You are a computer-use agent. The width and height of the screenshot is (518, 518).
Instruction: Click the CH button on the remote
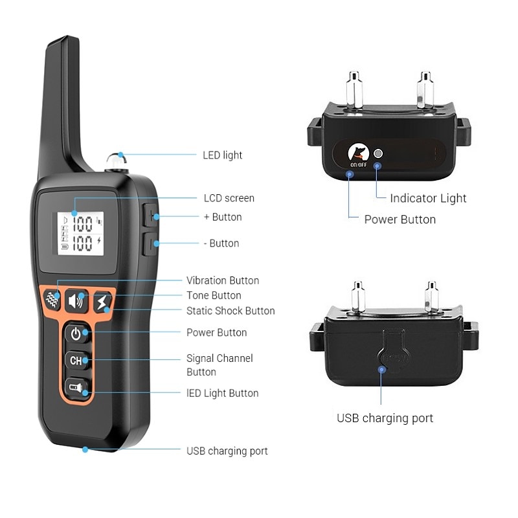pyautogui.click(x=76, y=361)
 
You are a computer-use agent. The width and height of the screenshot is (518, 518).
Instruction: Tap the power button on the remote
pyautogui.click(x=76, y=334)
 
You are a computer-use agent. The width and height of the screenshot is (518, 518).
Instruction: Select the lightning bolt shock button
pyautogui.click(x=102, y=302)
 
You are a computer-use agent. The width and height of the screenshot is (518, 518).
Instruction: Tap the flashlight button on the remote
pyautogui.click(x=76, y=388)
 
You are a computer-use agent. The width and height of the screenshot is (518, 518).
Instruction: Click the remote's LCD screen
pyautogui.click(x=81, y=234)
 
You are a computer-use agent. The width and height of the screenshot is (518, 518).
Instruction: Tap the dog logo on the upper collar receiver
pyautogui.click(x=358, y=153)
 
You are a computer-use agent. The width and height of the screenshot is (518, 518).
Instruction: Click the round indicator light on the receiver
pyautogui.click(x=379, y=154)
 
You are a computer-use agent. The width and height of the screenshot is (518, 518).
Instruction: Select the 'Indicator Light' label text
pyautogui.click(x=428, y=198)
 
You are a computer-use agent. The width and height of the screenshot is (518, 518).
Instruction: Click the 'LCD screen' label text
pyautogui.click(x=229, y=198)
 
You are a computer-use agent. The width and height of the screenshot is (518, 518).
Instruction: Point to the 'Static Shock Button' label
pyautogui.click(x=231, y=311)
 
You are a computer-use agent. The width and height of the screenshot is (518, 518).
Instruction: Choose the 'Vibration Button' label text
pyautogui.click(x=223, y=280)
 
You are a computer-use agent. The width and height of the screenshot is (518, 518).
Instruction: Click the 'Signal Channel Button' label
pyautogui.click(x=220, y=365)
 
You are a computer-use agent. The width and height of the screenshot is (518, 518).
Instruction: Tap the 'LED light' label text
pyautogui.click(x=223, y=155)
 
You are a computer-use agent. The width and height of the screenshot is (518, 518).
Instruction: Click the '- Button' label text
pyautogui.click(x=221, y=243)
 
